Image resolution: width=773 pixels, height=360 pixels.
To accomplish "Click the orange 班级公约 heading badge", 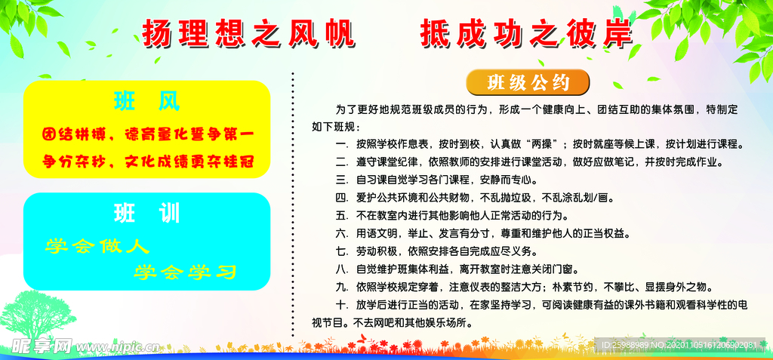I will (528, 81).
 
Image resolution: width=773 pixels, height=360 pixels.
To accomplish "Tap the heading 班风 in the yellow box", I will (147, 101).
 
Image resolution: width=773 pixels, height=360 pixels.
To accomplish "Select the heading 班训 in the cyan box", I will (147, 214).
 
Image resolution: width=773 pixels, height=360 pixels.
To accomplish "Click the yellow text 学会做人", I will (97, 246).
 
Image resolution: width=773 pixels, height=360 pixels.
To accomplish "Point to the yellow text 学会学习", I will (186, 271).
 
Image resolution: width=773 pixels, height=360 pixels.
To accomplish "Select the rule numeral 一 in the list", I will (341, 144).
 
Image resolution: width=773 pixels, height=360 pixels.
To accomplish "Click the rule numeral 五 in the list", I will (341, 216).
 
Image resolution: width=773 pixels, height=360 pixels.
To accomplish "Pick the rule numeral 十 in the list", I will (341, 305).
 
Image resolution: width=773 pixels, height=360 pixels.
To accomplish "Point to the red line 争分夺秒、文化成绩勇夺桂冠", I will (146, 161).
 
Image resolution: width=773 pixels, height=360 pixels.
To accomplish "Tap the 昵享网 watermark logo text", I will (41, 346).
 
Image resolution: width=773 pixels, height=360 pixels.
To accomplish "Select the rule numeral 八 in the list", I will (341, 269).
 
